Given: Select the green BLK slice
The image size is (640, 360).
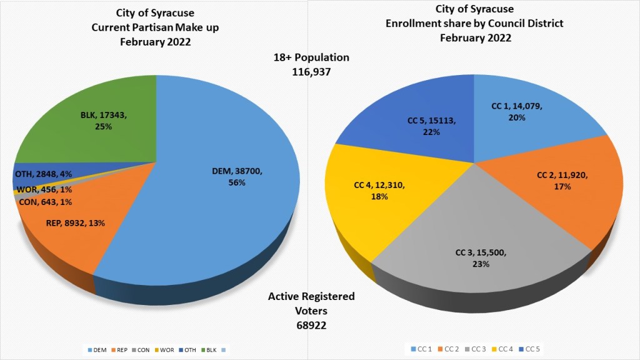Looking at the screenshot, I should point(94,119).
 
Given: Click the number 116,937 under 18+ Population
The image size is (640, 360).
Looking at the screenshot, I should point(311,72).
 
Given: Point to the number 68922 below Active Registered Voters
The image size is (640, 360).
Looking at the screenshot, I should point(311,326).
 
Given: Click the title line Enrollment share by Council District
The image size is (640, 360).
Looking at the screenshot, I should point(475,24).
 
